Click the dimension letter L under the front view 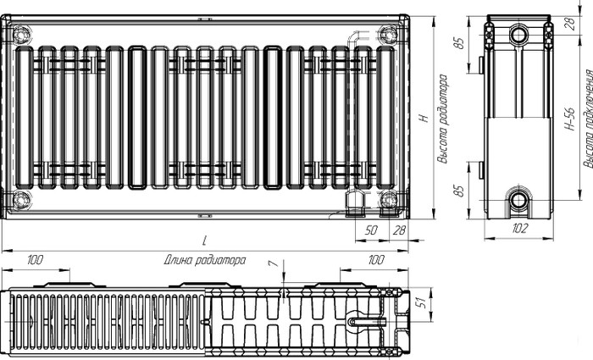click(x=205, y=241)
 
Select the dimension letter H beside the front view click(x=424, y=118)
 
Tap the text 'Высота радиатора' click(x=442, y=119)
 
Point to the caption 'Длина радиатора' click(x=205, y=260)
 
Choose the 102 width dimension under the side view click(x=519, y=228)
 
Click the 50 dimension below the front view click(x=371, y=230)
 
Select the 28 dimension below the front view click(x=399, y=230)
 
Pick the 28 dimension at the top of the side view click(x=572, y=24)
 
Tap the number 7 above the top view click(x=275, y=263)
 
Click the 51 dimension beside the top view click(x=421, y=302)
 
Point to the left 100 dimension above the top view click(x=35, y=260)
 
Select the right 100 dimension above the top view click(x=375, y=260)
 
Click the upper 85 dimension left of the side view click(x=458, y=42)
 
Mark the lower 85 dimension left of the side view click(x=458, y=191)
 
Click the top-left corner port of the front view click(x=21, y=35)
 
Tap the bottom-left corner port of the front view click(x=21, y=199)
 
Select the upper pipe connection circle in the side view click(x=518, y=35)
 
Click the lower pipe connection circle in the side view click(x=518, y=199)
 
